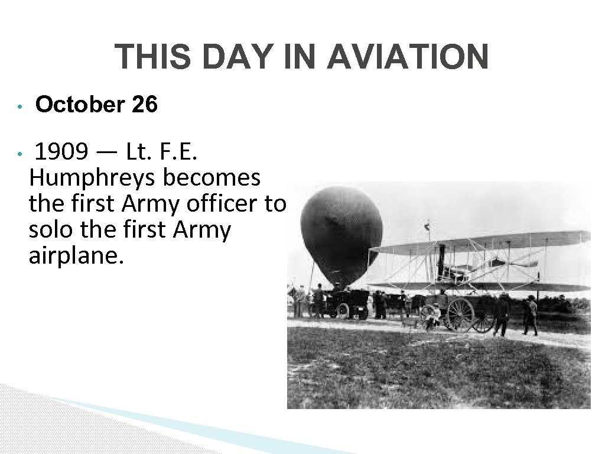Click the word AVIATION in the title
click(407, 57)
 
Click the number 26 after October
click(145, 105)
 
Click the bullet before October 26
click(19, 107)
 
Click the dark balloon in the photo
click(341, 234)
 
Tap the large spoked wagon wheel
click(460, 314)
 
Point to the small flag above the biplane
click(428, 225)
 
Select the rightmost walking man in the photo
click(530, 314)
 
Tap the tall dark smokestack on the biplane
click(441, 261)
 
